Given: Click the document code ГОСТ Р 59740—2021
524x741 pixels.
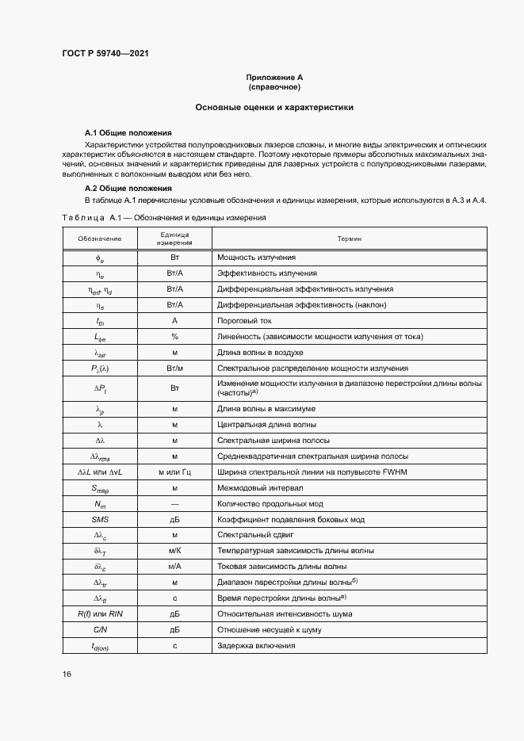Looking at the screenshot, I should click(105, 53).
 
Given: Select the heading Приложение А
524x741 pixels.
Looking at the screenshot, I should click(274, 77).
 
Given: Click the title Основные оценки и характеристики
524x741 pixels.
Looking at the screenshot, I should click(274, 106).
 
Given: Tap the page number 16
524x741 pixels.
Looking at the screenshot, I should click(67, 674).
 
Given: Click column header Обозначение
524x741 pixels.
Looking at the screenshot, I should click(100, 239).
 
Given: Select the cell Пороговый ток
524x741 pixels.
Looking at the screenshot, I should click(244, 320).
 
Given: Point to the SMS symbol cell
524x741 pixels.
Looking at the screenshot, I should click(100, 519).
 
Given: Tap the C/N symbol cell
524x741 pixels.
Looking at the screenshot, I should click(100, 629).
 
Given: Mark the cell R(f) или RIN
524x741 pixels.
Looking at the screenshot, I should click(100, 613).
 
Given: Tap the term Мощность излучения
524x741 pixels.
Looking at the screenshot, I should click(256, 258).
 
